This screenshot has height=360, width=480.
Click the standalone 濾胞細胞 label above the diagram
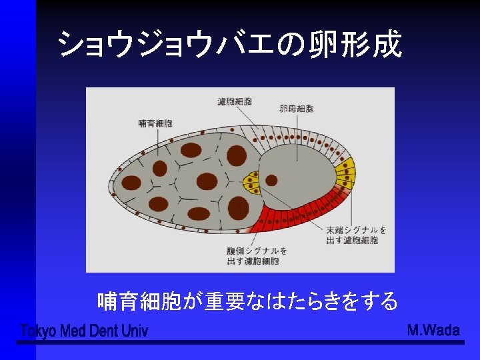[x=235, y=102]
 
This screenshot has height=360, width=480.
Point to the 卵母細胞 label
[x=297, y=108]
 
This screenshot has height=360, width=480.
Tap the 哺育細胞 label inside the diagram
[x=155, y=123]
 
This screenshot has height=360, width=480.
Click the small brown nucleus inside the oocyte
[x=271, y=180]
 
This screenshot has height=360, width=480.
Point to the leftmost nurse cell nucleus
[x=132, y=182]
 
